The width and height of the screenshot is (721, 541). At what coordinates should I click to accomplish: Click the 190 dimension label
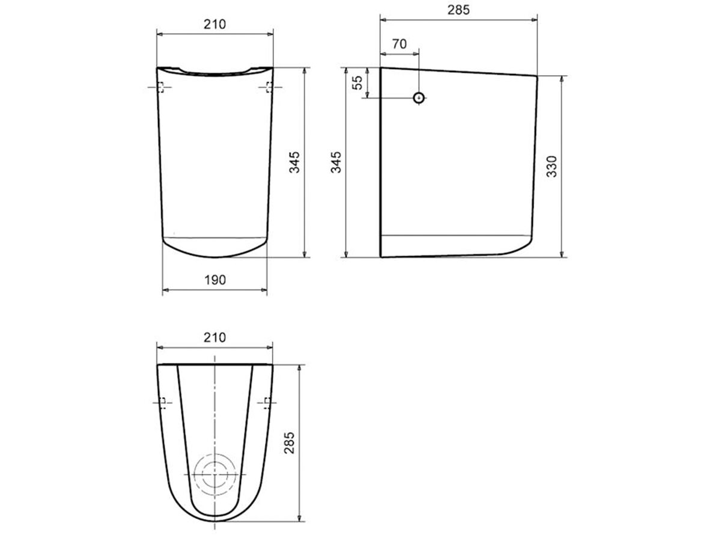215,280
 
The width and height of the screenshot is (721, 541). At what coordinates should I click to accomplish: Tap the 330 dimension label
552,167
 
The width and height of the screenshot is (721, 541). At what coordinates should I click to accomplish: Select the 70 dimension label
400,44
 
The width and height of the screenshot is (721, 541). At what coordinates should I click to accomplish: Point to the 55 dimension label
357,82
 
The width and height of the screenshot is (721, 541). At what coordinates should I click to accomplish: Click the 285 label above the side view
458,10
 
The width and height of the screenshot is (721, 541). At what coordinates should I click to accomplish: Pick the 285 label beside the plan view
290,443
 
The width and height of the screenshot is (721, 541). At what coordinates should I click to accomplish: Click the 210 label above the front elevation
215,24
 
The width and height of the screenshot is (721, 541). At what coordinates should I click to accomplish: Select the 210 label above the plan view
215,337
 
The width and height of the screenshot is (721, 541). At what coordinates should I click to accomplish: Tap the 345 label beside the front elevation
294,162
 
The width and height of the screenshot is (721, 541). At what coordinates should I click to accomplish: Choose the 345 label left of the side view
336,162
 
